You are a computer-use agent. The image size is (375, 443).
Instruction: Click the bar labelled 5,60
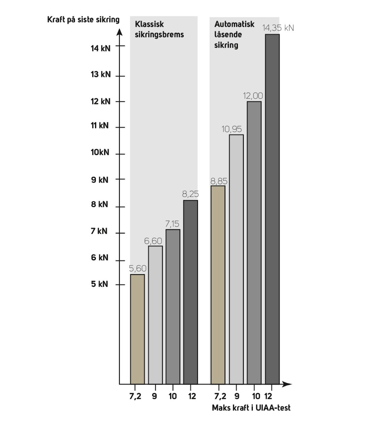[x=137, y=329]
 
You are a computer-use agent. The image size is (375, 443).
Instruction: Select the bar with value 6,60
[x=155, y=315]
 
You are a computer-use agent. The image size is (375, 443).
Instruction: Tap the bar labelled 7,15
[x=173, y=306]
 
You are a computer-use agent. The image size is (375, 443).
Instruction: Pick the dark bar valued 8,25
[x=190, y=292]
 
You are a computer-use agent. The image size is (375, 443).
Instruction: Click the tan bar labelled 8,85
[x=218, y=285]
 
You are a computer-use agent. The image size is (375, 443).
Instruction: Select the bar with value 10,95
[x=236, y=259]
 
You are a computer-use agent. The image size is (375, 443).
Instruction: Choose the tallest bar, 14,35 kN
[x=272, y=209]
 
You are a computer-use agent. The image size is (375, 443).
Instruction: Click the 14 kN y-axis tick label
[x=101, y=48]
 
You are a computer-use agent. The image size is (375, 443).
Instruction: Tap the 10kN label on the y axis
[x=100, y=152]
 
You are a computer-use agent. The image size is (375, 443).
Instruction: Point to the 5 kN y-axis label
[x=100, y=284]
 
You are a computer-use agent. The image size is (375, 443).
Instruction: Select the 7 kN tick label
[x=99, y=231]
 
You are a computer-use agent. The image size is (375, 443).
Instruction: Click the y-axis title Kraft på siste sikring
[x=83, y=19]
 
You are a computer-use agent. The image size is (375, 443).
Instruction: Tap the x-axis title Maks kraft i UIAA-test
[x=251, y=408]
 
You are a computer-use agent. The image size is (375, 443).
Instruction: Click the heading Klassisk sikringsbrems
[x=159, y=30]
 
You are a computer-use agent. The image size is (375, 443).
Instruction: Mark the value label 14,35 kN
[x=278, y=28]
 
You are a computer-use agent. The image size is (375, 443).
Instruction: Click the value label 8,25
[x=191, y=194]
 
